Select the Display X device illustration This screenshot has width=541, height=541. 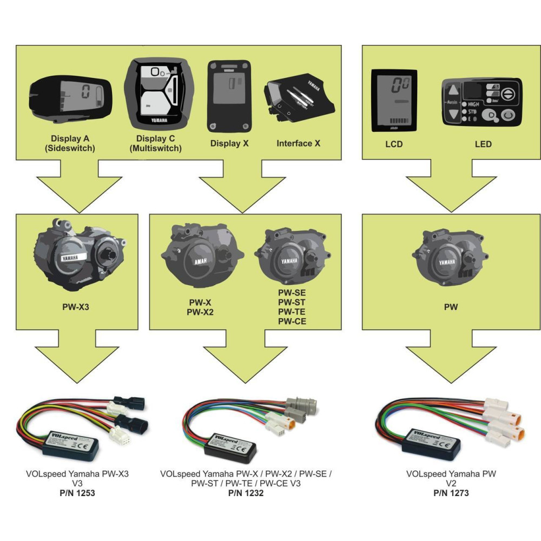point(229,96)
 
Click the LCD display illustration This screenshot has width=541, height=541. point(393,101)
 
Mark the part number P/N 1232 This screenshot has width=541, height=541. point(246,493)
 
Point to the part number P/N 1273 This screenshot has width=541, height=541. point(451,493)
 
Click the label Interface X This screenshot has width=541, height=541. point(298,144)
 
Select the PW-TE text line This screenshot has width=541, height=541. point(293,312)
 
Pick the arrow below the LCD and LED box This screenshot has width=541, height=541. point(451,187)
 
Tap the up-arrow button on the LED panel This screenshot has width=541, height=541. point(454,90)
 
